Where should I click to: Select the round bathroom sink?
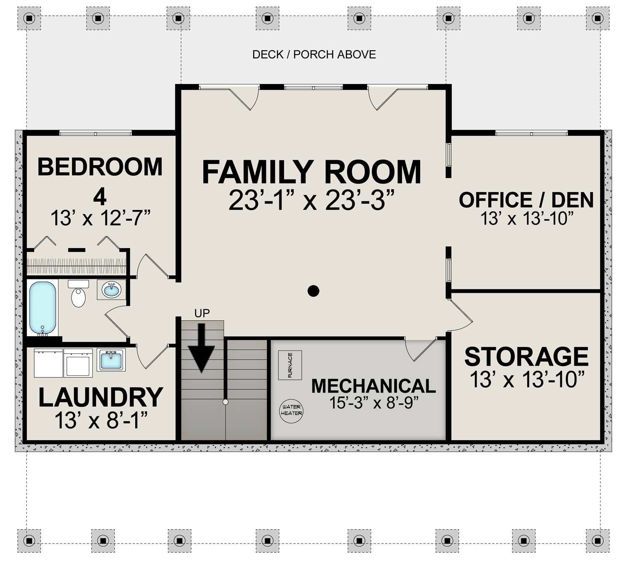(111, 289)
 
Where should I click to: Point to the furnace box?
(290, 365)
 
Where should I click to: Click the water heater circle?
(292, 410)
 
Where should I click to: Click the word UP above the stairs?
(202, 313)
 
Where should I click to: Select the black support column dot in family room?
(313, 291)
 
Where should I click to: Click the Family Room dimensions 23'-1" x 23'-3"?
(311, 201)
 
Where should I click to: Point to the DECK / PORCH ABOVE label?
(314, 54)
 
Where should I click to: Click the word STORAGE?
(526, 356)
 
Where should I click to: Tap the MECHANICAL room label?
(374, 386)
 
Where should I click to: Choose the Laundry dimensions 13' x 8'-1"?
(101, 420)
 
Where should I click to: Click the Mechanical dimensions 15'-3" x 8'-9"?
(374, 402)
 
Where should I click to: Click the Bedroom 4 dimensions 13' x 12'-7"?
(101, 218)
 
